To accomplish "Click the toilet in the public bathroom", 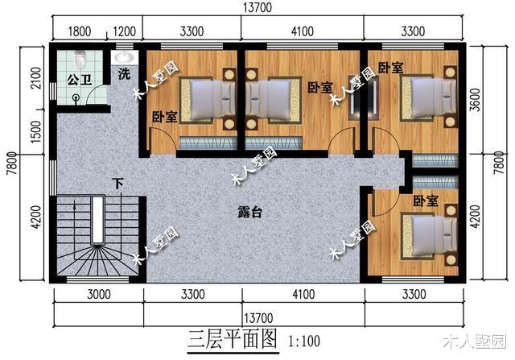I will point(79,60).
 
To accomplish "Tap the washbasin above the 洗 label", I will point(123,58).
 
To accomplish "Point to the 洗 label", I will point(124,75).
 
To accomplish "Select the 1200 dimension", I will point(123,33).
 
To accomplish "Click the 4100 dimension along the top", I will point(302,33).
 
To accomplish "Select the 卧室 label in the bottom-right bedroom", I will point(426,199).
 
